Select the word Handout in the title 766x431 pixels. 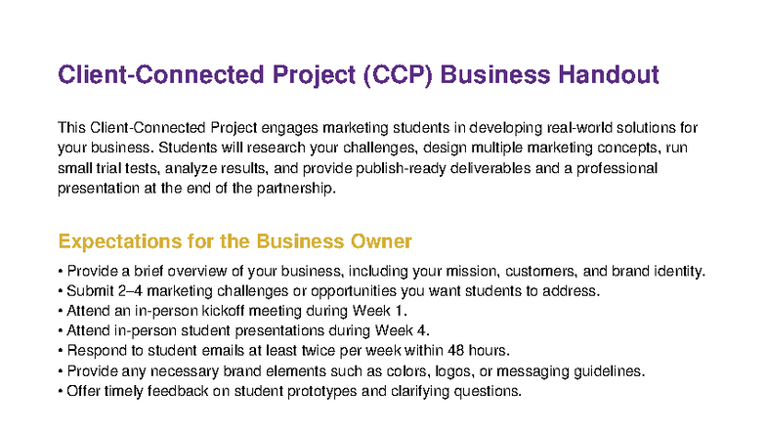click(x=606, y=75)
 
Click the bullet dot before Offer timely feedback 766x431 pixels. click(x=61, y=391)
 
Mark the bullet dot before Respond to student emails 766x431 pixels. click(x=61, y=351)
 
